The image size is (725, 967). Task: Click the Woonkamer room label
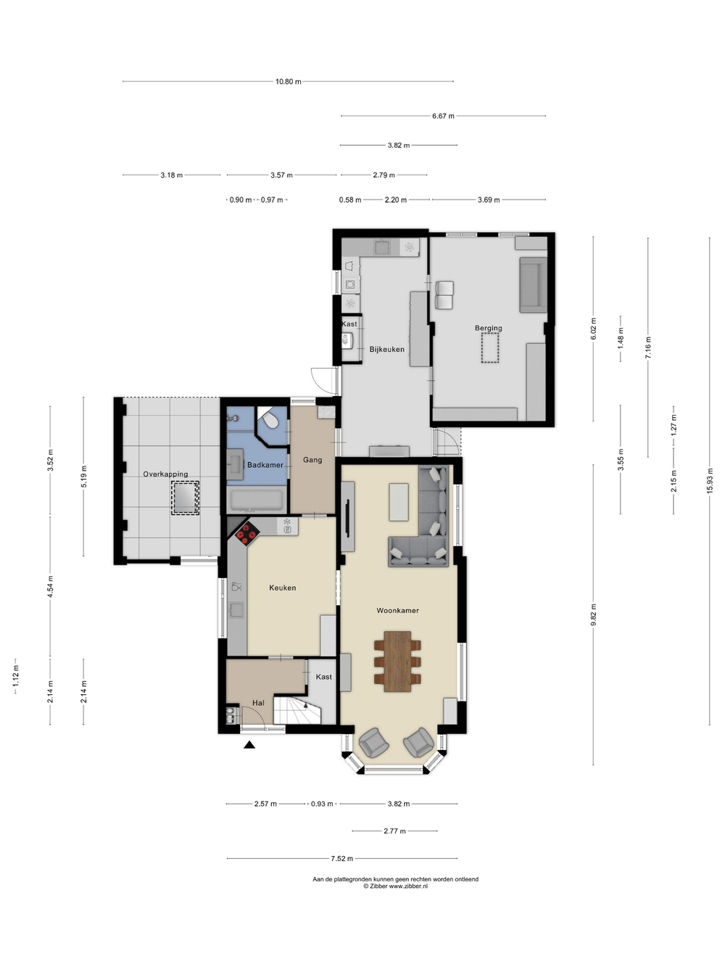(x=397, y=610)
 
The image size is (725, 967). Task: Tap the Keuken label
(x=283, y=588)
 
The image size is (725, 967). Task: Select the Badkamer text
(x=265, y=465)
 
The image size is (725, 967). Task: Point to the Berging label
(x=488, y=328)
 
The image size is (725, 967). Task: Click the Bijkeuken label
(x=386, y=350)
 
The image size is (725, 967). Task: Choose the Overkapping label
(x=165, y=474)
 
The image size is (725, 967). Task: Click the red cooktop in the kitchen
(x=247, y=535)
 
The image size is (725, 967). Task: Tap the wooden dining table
(x=397, y=662)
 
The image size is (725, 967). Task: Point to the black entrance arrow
(x=249, y=744)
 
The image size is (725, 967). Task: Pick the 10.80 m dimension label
(x=289, y=81)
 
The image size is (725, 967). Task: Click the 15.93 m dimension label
(x=709, y=481)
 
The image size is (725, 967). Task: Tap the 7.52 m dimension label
(x=342, y=858)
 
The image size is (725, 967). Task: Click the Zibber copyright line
(x=395, y=886)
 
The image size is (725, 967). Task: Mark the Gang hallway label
(x=312, y=459)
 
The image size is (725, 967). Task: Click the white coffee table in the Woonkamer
(x=399, y=502)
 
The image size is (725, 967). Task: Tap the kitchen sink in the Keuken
(x=237, y=610)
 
